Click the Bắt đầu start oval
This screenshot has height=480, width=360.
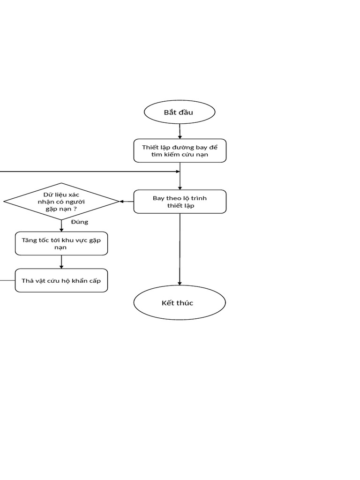click(180, 112)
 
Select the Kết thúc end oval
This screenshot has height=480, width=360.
click(180, 302)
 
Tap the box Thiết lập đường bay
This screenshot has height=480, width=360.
click(180, 150)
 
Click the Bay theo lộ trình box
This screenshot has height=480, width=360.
click(180, 202)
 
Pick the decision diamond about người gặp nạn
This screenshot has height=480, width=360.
click(61, 202)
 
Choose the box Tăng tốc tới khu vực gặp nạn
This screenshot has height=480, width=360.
click(61, 243)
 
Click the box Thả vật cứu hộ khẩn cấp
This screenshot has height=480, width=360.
click(61, 280)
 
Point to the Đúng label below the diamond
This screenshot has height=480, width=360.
click(80, 222)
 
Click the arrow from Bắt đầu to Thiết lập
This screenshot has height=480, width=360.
click(180, 131)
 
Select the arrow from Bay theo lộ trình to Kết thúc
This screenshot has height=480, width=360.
click(180, 249)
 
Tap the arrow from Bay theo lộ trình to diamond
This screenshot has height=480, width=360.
click(127, 202)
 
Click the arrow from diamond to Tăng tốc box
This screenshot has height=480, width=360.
click(61, 225)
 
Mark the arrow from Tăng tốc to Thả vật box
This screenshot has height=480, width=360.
click(61, 262)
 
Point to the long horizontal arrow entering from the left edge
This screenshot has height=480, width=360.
click(90, 172)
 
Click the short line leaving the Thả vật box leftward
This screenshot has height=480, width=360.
click(7, 280)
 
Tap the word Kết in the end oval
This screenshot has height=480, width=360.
click(167, 303)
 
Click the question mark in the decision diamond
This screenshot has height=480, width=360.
click(75, 209)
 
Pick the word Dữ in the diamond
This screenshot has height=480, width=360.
click(48, 195)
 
